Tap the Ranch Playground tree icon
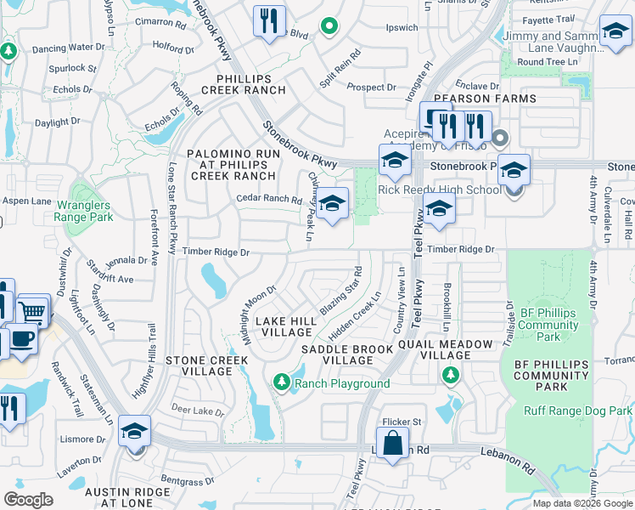pyautogui.click(x=282, y=383)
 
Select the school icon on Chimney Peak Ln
pyautogui.click(x=331, y=204)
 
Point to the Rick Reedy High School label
pyautogui.click(x=440, y=190)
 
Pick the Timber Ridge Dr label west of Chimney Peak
pyautogui.click(x=216, y=252)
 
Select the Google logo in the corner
pyautogui.click(x=29, y=499)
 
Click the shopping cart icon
pyautogui.click(x=32, y=311)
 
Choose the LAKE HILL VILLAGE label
pyautogui.click(x=286, y=327)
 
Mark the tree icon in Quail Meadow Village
pyautogui.click(x=450, y=375)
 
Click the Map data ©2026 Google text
pyautogui.click(x=582, y=503)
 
